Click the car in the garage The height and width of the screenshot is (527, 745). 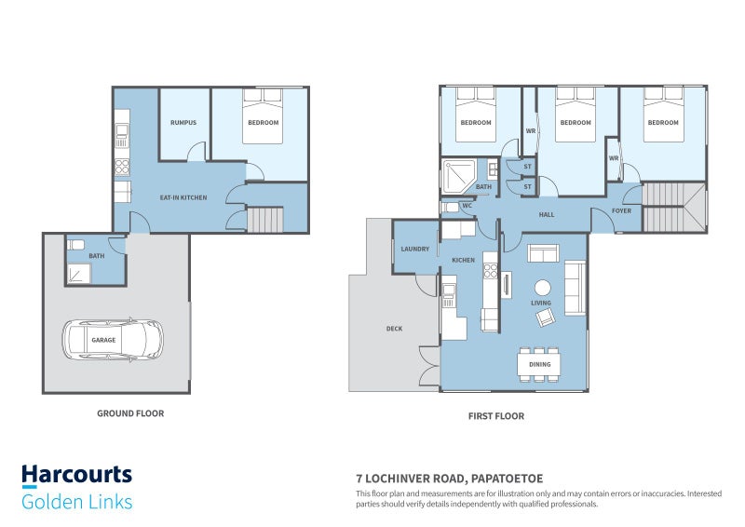(113, 339)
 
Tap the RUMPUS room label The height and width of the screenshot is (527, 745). (183, 123)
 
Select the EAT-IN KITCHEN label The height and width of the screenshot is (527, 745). (183, 197)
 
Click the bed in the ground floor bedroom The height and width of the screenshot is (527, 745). (263, 115)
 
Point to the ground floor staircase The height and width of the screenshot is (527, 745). (265, 220)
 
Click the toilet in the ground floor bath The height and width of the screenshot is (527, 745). (76, 245)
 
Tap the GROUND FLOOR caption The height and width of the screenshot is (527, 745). (130, 413)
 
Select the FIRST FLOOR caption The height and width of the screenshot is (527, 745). (496, 416)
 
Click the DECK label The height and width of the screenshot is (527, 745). (394, 329)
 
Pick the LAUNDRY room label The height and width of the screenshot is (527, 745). (414, 249)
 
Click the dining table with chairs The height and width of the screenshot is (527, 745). (539, 364)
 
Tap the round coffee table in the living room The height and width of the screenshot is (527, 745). (543, 288)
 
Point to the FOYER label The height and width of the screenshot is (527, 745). (621, 210)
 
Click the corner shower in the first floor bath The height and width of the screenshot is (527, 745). (459, 177)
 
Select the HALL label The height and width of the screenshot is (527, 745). (547, 215)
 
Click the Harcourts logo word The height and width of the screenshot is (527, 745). (77, 475)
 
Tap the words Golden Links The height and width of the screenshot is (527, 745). (77, 502)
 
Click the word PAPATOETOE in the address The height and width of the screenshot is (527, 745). (507, 479)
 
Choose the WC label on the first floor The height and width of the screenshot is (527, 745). (467, 206)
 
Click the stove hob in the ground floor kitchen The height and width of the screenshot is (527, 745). (122, 168)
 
